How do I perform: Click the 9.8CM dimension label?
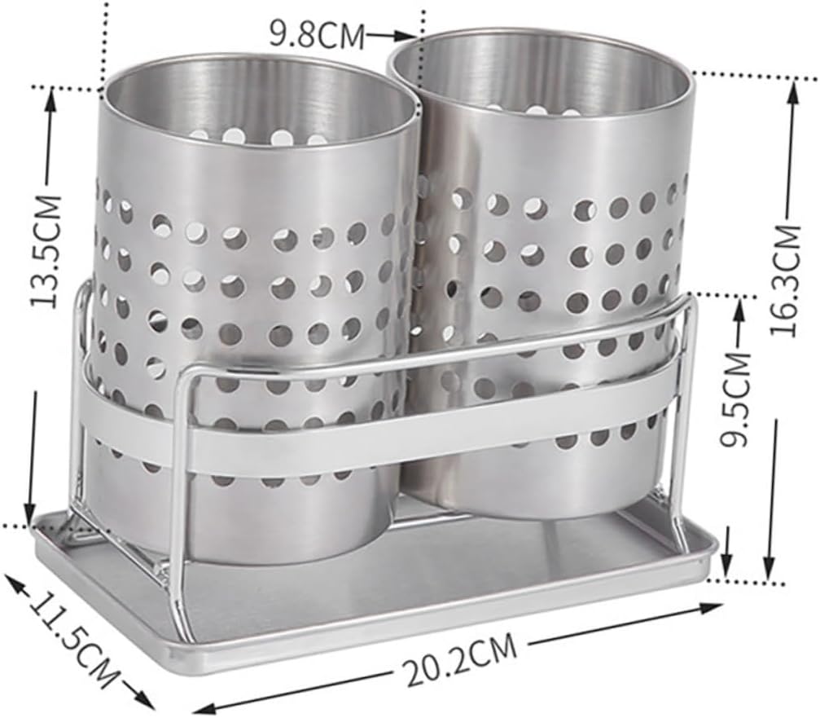pyautogui.click(x=317, y=34)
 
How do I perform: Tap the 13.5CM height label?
pyautogui.click(x=46, y=249)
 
